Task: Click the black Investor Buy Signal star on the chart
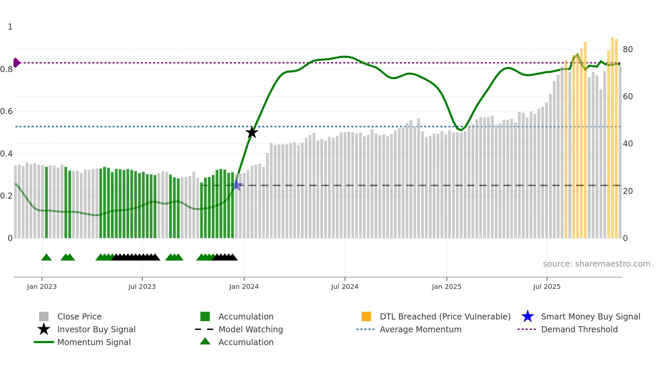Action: (252, 132)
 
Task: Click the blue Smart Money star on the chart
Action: (237, 185)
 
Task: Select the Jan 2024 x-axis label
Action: (244, 286)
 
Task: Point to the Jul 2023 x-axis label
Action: (142, 286)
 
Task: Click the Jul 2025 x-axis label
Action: (547, 286)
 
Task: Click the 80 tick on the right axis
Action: (628, 49)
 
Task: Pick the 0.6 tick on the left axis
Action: (6, 111)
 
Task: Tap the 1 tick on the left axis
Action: (10, 27)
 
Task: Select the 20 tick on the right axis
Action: (628, 191)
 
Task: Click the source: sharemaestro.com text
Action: (596, 264)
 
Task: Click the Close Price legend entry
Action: (79, 316)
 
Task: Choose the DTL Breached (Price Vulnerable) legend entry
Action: (445, 316)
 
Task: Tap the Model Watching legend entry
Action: (250, 329)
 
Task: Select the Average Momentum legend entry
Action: (420, 329)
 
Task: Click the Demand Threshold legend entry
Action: (579, 329)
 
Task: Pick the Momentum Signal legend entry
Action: (94, 342)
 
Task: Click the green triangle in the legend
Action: (205, 342)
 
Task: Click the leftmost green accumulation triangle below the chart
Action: (46, 258)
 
